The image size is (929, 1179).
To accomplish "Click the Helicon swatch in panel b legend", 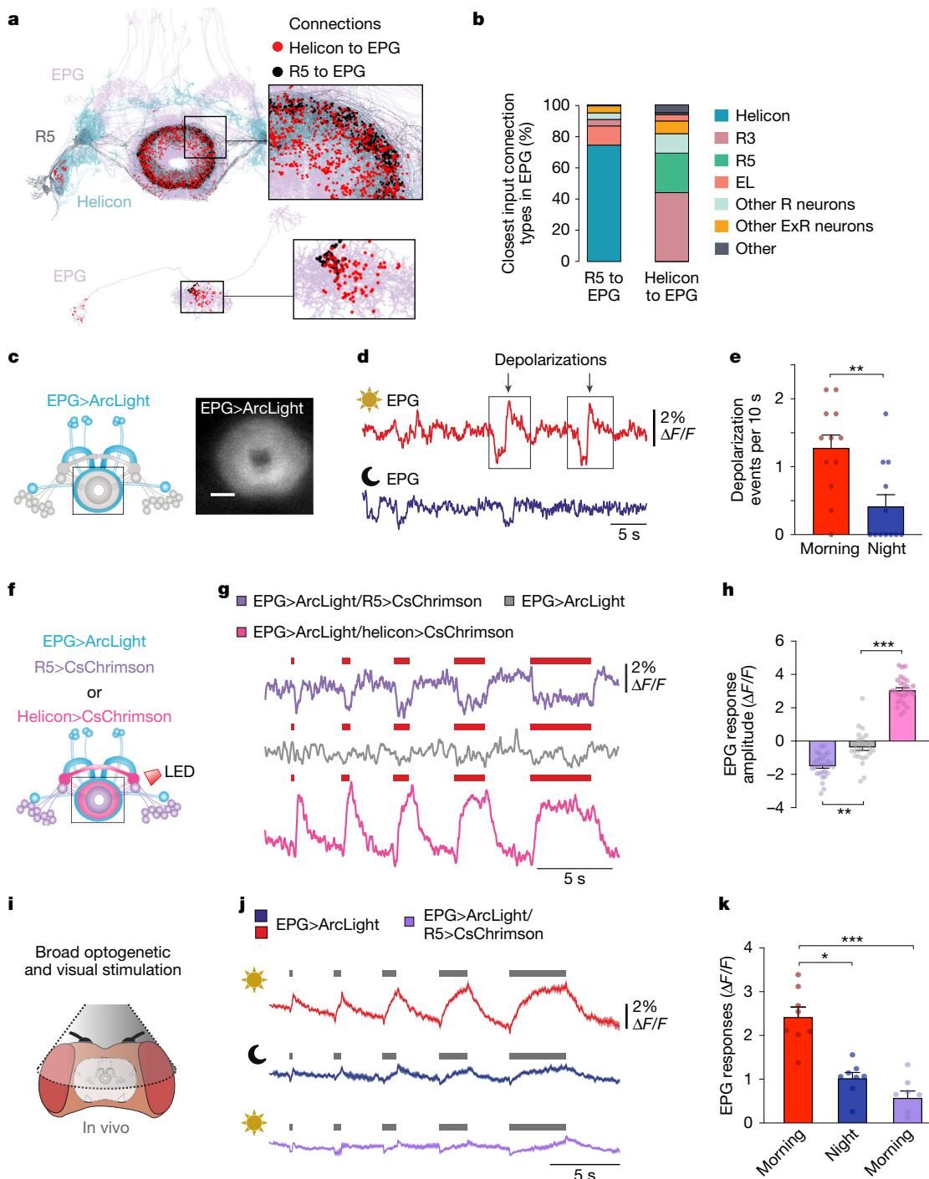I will [721, 116].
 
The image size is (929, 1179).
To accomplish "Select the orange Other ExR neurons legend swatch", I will [721, 226].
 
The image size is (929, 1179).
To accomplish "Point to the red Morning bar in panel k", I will [799, 1070].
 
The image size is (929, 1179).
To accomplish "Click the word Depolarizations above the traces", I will [550, 360].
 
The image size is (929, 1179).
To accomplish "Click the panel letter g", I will [223, 591].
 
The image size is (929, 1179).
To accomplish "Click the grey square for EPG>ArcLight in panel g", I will [509, 601].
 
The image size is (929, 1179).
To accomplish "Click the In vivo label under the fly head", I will [105, 1128].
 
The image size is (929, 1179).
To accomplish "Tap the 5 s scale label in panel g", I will [574, 879].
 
